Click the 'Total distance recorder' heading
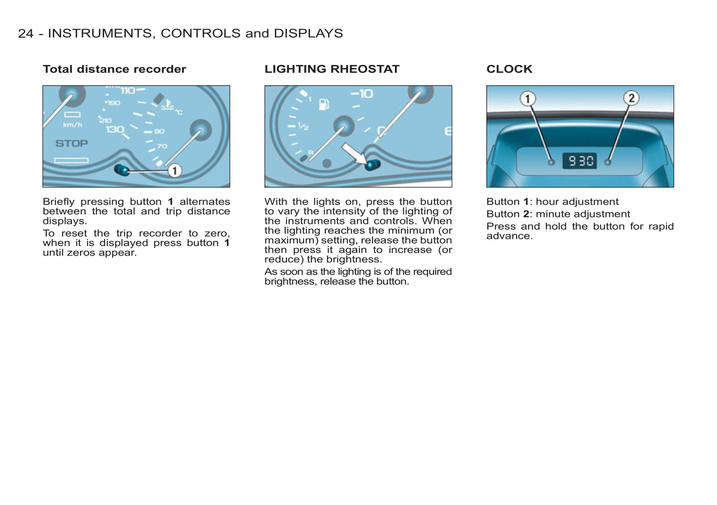(114, 69)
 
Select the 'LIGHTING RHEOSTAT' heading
(331, 69)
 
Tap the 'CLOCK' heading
(509, 69)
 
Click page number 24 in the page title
(25, 33)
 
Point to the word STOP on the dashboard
(71, 143)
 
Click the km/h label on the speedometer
(72, 125)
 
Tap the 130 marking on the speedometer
(115, 129)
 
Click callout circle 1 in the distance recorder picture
(174, 171)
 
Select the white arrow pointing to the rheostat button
(353, 153)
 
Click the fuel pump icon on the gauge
(324, 104)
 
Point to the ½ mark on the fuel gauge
(303, 126)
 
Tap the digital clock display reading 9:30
(580, 161)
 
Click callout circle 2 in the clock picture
(631, 98)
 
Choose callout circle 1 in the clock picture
(527, 99)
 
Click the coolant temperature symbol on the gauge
(168, 106)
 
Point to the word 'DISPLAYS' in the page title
(308, 33)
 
